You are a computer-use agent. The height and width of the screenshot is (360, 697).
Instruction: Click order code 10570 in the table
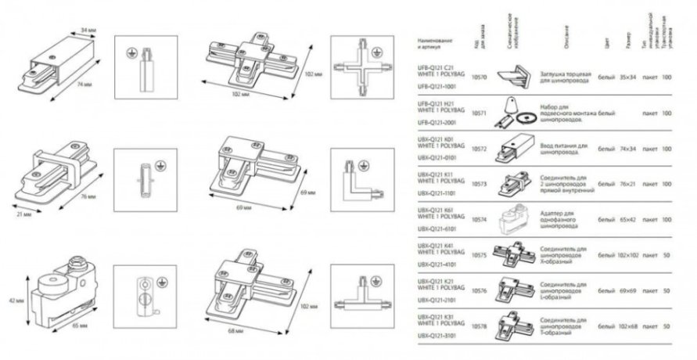click(x=480, y=77)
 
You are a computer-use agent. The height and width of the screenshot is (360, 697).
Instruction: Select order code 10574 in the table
click(x=480, y=220)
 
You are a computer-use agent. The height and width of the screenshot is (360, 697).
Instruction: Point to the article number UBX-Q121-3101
click(x=436, y=333)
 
